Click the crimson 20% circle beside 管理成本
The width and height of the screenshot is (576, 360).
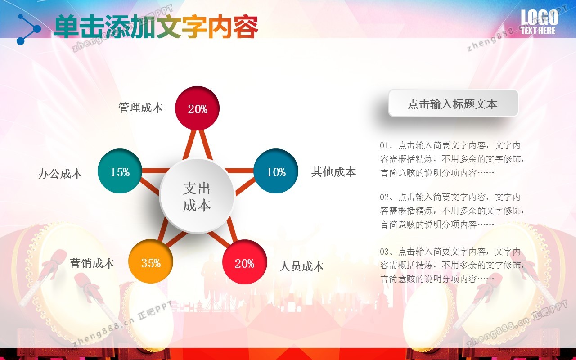pyautogui.click(x=197, y=108)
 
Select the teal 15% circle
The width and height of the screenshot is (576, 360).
pyautogui.click(x=120, y=171)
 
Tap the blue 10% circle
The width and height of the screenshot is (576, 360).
pyautogui.click(x=276, y=171)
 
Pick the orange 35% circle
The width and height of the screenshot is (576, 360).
pyautogui.click(x=151, y=261)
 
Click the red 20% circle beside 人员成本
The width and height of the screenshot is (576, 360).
pyautogui.click(x=244, y=262)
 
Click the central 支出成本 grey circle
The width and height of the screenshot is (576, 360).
pyautogui.click(x=197, y=196)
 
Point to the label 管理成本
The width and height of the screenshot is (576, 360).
pyautogui.click(x=141, y=108)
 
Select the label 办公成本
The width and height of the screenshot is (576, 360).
pyautogui.click(x=60, y=174)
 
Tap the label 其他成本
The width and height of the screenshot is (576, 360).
pyautogui.click(x=333, y=172)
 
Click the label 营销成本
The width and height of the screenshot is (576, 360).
pyautogui.click(x=92, y=263)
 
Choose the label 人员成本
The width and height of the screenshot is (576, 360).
pyautogui.click(x=301, y=266)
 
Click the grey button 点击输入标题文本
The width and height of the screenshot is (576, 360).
pyautogui.click(x=453, y=103)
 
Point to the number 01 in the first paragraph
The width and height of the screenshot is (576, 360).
pyautogui.click(x=384, y=145)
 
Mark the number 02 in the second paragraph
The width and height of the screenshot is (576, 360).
pyautogui.click(x=384, y=197)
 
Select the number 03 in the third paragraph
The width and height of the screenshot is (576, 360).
pyautogui.click(x=384, y=252)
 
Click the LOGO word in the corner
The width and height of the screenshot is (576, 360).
pyautogui.click(x=540, y=18)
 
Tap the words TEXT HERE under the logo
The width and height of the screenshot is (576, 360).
pyautogui.click(x=538, y=31)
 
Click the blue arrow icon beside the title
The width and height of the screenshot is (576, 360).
pyautogui.click(x=28, y=29)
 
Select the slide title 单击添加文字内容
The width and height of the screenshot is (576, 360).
pyautogui.click(x=156, y=27)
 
